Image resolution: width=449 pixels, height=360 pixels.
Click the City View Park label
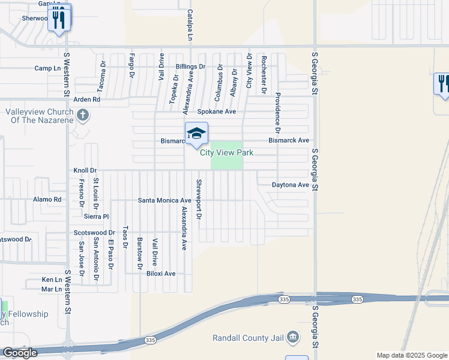click(x=226, y=153)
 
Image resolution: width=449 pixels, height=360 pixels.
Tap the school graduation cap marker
click(x=196, y=133)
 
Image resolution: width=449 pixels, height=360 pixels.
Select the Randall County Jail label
click(x=249, y=337)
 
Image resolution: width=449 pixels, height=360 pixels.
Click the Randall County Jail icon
click(x=292, y=337)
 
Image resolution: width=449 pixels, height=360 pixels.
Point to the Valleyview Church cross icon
click(x=83, y=114)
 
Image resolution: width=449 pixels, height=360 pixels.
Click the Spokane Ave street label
click(x=217, y=112)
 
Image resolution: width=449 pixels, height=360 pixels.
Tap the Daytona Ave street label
click(x=290, y=185)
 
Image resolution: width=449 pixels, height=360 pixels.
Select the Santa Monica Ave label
click(x=164, y=200)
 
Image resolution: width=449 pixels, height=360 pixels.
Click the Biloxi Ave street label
click(x=161, y=274)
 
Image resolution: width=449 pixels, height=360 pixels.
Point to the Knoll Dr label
click(x=85, y=170)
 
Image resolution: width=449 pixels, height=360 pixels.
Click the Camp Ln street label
click(x=44, y=68)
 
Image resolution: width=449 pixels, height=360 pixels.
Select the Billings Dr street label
click(x=191, y=67)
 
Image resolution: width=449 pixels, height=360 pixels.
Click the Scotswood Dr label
click(x=94, y=232)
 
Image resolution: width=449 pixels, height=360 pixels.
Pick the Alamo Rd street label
click(x=47, y=199)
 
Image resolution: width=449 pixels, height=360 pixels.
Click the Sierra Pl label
click(x=96, y=216)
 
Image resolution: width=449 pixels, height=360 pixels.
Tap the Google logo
click(x=20, y=353)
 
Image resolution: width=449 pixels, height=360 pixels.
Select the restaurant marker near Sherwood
click(x=59, y=19)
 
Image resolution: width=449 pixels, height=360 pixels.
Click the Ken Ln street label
click(x=52, y=280)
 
